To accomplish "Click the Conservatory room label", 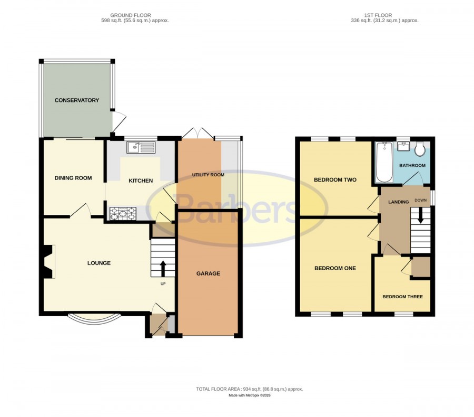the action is coord(77,100).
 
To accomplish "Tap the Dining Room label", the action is coord(73,178).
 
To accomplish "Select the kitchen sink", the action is coord(141,148).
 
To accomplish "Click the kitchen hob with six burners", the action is coord(123,213).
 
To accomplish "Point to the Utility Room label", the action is coord(208,175).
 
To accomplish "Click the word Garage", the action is coord(208,273).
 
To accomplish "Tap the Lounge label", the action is coord(99,263).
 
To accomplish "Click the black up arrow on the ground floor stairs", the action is coord(163,269).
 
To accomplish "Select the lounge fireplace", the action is coord(48,261).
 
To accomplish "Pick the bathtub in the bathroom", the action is coord(384,162).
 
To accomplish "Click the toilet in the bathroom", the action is coord(420,148).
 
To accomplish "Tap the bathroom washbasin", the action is coord(403,147).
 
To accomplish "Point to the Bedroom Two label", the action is coord(335,179).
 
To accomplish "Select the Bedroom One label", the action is coord(335,268).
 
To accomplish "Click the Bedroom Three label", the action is coord(403,297).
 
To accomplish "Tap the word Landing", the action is coord(399,202).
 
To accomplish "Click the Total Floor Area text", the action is coord(250,389).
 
